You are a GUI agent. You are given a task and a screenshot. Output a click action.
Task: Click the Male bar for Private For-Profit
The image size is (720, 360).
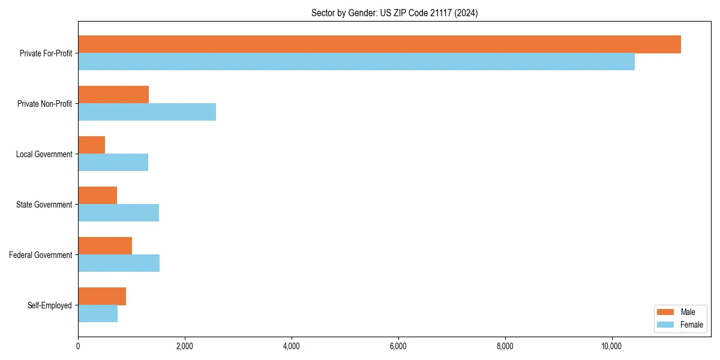[379, 44]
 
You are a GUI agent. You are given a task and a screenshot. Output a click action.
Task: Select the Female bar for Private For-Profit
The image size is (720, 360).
[356, 61]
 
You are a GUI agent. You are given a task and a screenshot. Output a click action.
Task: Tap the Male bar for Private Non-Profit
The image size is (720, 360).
[113, 95]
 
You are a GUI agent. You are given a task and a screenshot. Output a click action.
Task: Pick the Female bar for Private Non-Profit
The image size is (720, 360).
[147, 112]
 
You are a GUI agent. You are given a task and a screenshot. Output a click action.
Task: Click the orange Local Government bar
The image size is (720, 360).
[92, 145]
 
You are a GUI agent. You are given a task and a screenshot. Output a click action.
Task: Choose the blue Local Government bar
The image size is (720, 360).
[113, 162]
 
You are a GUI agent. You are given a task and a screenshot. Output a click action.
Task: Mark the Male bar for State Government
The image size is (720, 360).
[98, 196]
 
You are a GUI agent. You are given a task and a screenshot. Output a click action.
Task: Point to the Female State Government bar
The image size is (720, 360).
[118, 212]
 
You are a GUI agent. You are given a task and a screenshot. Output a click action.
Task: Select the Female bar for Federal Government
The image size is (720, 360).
[119, 263]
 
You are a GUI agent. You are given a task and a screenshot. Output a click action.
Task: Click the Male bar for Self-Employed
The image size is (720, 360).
[102, 296]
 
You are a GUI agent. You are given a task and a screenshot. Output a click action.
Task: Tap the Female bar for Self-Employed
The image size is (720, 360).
[98, 313]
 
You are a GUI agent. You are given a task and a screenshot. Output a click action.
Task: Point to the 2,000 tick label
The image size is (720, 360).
[185, 346]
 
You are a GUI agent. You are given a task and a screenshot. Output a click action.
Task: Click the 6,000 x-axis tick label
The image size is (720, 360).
[398, 346]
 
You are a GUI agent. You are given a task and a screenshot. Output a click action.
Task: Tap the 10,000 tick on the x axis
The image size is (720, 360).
[611, 346]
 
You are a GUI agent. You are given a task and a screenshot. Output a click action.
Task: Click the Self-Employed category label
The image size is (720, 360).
[50, 305]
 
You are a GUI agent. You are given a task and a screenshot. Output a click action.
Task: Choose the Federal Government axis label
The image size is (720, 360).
[41, 255]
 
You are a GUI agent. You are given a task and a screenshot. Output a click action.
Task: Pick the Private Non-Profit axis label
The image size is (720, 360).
[44, 104]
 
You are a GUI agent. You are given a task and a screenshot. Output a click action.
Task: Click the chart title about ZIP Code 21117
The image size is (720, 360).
[394, 13]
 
